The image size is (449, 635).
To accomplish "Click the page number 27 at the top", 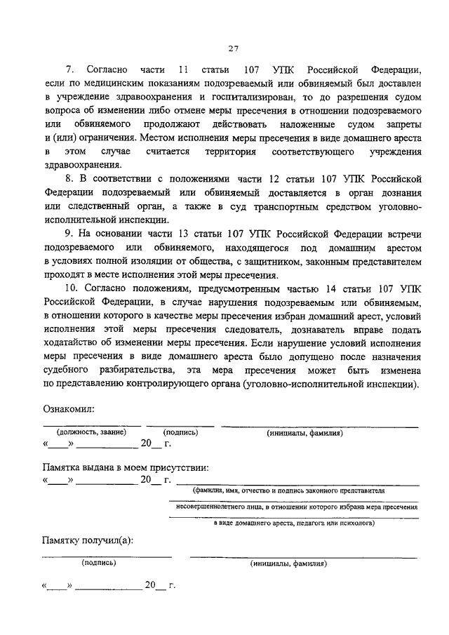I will [234, 48].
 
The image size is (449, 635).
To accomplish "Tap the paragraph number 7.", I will [69, 71].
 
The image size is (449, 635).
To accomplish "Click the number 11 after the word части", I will [185, 71].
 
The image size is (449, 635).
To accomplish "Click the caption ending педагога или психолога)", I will [295, 523].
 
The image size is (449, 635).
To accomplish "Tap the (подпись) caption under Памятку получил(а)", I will [98, 563].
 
